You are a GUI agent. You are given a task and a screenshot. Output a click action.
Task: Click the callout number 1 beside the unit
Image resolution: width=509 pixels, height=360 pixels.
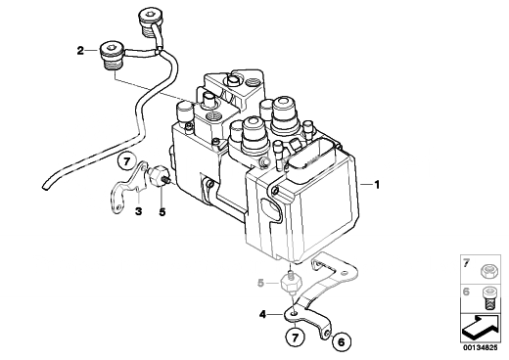(377, 185)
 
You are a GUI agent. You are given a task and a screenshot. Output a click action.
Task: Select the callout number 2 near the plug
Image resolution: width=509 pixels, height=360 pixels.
(80, 51)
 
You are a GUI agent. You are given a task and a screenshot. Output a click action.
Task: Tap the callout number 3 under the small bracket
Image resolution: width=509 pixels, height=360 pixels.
(139, 211)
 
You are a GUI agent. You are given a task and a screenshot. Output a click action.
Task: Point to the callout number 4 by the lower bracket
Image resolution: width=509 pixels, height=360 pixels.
(262, 315)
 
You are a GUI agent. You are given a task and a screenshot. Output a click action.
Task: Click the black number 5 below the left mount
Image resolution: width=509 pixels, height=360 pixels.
(162, 212)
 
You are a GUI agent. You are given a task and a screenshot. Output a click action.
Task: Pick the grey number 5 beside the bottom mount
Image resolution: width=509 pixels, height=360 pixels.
(260, 283)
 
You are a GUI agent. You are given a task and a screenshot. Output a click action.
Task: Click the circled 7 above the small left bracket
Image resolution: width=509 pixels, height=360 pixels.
(127, 161)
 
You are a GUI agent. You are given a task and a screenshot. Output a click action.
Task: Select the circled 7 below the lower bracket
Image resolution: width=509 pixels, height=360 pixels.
(296, 338)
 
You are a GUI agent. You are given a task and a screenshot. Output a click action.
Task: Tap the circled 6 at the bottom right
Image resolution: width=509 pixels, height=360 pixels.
(342, 342)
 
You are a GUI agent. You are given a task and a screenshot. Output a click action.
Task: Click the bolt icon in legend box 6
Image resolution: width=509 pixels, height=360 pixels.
(488, 297)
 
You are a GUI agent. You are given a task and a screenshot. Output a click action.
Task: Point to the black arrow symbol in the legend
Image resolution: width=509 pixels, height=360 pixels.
(481, 328)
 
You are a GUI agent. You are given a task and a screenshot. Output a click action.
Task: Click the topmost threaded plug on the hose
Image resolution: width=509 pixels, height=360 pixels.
(150, 22)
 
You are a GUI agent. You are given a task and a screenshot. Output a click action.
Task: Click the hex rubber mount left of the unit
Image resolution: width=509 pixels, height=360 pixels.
(158, 176)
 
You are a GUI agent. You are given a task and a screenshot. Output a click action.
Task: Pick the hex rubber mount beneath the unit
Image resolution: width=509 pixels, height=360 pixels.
(292, 283)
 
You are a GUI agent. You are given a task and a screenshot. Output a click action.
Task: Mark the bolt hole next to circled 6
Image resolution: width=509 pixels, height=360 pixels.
(328, 333)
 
